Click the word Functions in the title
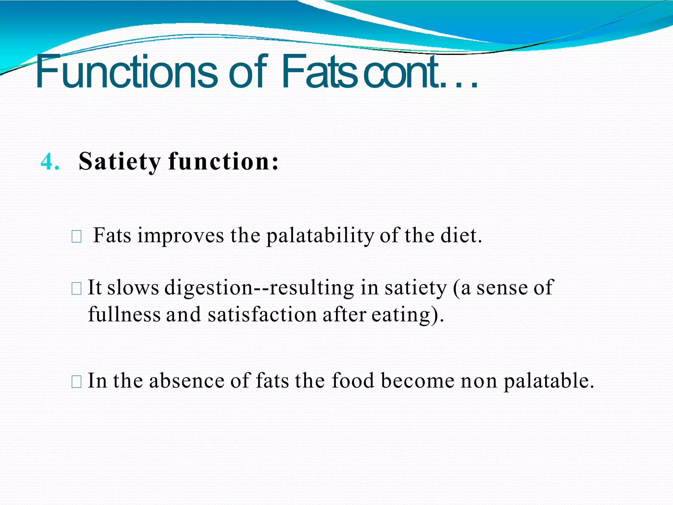[x=127, y=72]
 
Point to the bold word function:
[x=223, y=162]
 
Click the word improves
[x=180, y=236]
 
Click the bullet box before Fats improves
[x=76, y=237]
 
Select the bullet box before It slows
[x=76, y=289]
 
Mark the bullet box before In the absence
[x=76, y=382]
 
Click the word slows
[x=133, y=288]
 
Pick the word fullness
[x=124, y=314]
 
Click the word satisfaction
[x=262, y=314]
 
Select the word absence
[x=187, y=381]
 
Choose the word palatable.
[x=549, y=381]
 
